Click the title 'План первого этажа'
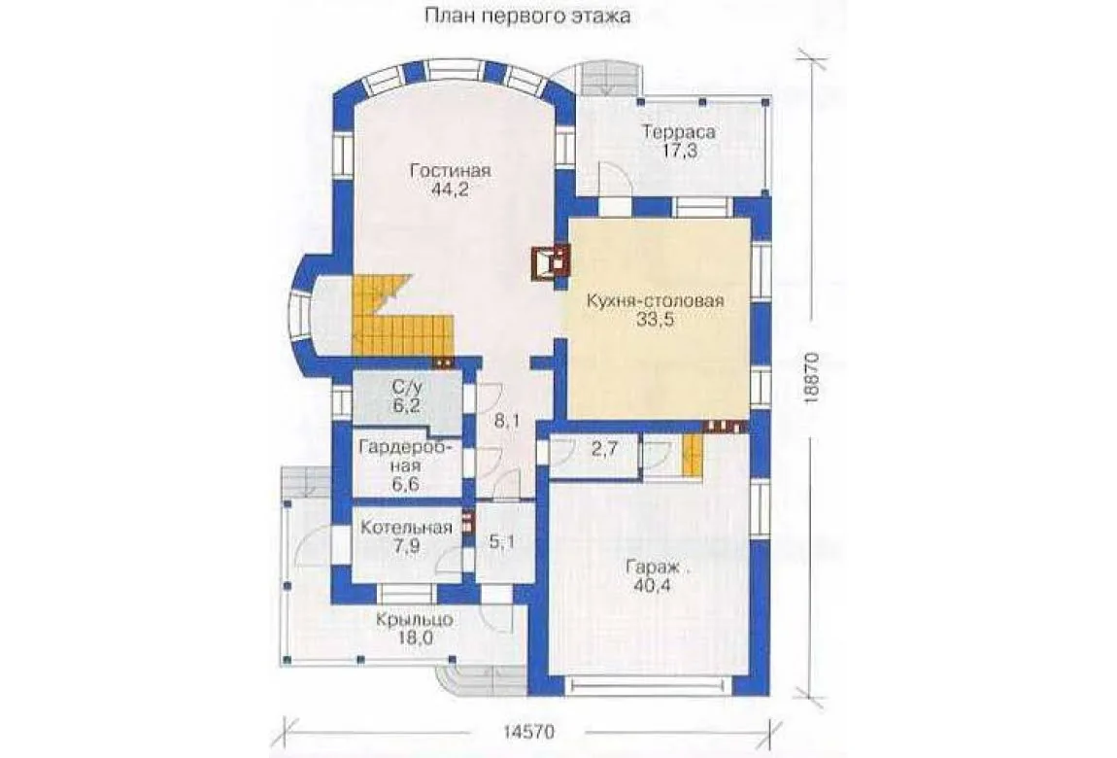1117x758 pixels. pyautogui.click(x=527, y=15)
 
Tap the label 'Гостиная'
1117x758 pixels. pyautogui.click(x=451, y=171)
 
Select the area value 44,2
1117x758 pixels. pyautogui.click(x=450, y=189)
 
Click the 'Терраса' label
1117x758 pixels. pyautogui.click(x=680, y=132)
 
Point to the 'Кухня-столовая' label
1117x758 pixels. pyautogui.click(x=656, y=300)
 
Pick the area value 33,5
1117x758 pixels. pyautogui.click(x=656, y=319)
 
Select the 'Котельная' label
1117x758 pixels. pyautogui.click(x=406, y=528)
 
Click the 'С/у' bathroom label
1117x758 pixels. pyautogui.click(x=406, y=388)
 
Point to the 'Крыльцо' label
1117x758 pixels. pyautogui.click(x=415, y=620)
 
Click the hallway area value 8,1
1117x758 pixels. pyautogui.click(x=506, y=422)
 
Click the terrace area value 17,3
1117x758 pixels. pyautogui.click(x=680, y=151)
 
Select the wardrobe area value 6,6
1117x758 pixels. pyautogui.click(x=404, y=484)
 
